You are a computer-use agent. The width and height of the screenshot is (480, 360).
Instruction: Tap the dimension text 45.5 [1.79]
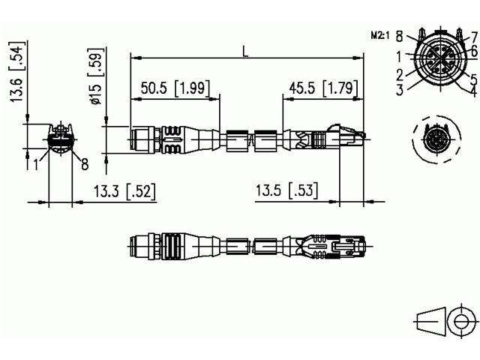tap(318, 88)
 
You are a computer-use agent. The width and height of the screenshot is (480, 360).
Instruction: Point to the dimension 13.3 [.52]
tap(124, 192)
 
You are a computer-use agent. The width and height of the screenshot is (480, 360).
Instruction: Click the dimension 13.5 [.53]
tap(286, 192)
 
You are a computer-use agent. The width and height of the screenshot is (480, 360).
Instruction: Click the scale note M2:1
tap(383, 35)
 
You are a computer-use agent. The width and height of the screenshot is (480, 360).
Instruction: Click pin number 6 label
tap(473, 50)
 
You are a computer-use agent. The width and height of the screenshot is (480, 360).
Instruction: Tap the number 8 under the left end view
tap(84, 163)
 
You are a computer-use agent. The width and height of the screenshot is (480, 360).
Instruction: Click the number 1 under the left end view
tap(35, 163)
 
